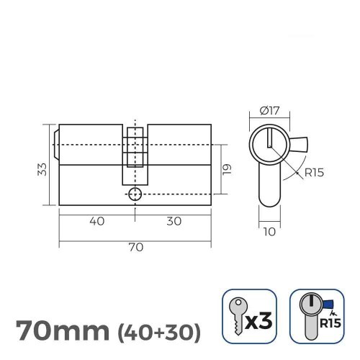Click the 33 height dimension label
click(42, 168)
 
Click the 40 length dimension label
click(96, 222)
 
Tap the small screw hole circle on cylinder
click(135, 194)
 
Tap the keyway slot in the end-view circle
click(269, 138)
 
